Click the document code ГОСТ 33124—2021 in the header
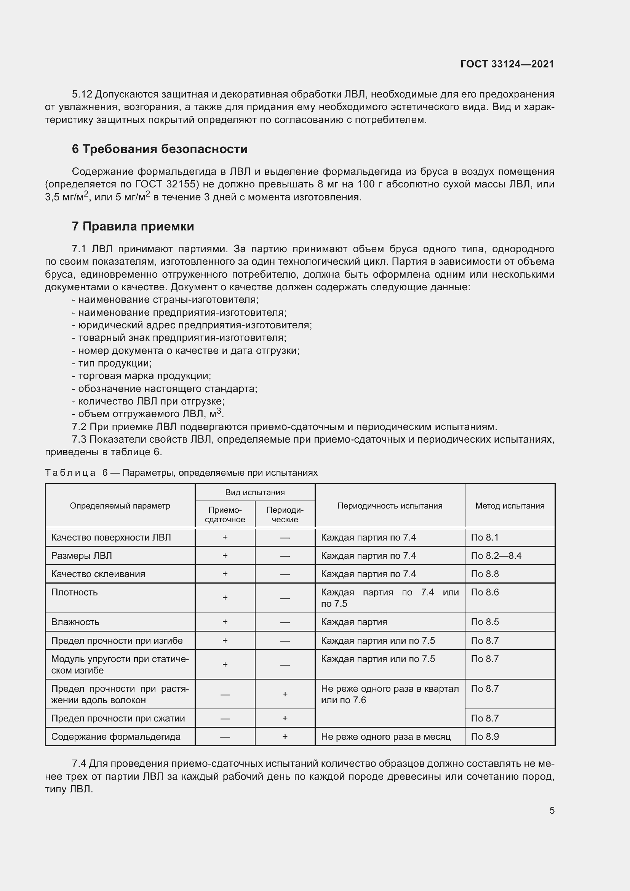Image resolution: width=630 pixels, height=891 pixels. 507,64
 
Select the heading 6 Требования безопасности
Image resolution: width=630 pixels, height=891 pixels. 160,149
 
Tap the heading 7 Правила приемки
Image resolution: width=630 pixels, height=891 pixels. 133,226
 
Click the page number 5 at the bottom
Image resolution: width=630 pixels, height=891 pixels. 552,810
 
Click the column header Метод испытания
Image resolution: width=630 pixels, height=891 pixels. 509,505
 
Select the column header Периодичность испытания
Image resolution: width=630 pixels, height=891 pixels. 390,505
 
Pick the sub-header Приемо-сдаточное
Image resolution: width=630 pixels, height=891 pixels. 225,515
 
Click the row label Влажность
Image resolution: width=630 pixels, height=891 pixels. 75,622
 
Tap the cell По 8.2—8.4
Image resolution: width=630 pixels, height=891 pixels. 496,556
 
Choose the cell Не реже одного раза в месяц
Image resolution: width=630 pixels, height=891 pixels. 385,737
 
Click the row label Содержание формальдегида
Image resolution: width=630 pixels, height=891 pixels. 116,737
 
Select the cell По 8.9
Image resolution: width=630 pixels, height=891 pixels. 484,737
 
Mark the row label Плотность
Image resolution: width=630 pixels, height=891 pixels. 75,592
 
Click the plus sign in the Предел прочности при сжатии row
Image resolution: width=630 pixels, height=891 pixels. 285,718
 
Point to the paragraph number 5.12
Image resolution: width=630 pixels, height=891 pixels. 82,94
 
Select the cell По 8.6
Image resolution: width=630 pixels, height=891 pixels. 484,592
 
